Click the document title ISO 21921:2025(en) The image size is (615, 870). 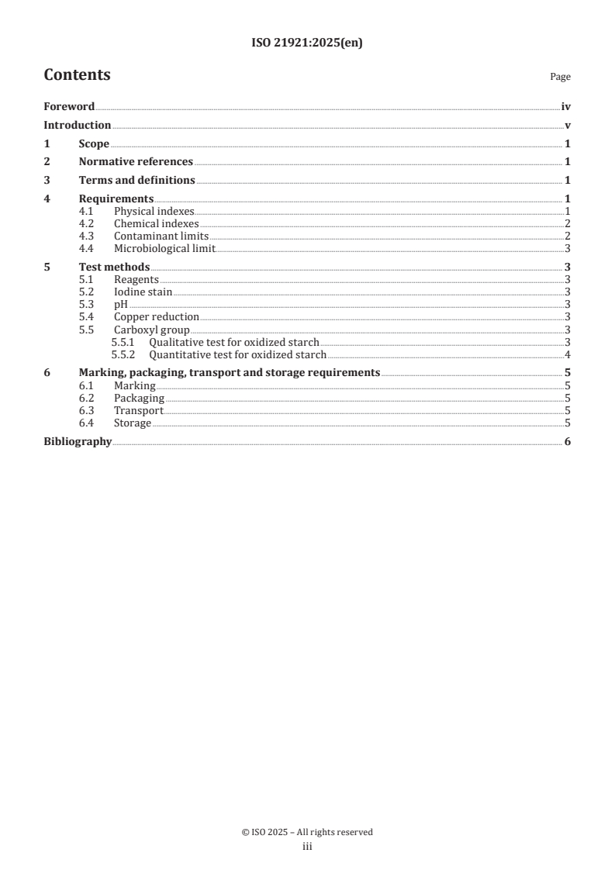coord(307,43)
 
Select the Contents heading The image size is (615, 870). coord(77,75)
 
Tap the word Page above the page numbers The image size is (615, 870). coord(560,77)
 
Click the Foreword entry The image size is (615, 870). coord(69,106)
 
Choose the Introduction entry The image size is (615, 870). coord(77,125)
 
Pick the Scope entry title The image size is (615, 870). coord(94,143)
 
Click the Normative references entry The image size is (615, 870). coord(136,162)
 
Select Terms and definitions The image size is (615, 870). coord(136,181)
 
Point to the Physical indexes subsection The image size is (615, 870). coord(154,211)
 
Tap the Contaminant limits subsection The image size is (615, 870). coord(161,236)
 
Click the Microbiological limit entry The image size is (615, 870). coord(164,248)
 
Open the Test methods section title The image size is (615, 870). coord(114,267)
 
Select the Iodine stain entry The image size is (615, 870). coord(143,292)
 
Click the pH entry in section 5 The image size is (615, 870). coord(120,304)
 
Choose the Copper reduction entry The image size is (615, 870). coord(156,316)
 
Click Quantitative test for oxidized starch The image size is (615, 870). coord(237,354)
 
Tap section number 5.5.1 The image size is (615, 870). coord(124,342)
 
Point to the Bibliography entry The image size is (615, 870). coord(78,442)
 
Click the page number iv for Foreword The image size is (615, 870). coord(565,106)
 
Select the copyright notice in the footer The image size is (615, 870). coord(307,832)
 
